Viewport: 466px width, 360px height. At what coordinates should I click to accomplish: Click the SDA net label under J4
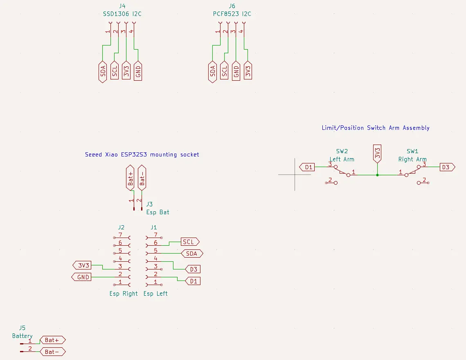(103, 72)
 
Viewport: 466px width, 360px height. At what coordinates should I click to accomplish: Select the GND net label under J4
(138, 72)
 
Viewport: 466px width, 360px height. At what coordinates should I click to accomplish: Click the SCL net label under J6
(224, 72)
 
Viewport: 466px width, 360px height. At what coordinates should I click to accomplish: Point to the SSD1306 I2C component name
(122, 14)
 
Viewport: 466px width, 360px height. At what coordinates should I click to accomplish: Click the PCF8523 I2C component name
(232, 14)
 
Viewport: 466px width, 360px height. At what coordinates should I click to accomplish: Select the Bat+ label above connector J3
(130, 177)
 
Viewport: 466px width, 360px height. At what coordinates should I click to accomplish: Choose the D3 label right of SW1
(446, 167)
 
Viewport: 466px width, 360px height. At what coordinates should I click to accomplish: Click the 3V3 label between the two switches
(377, 154)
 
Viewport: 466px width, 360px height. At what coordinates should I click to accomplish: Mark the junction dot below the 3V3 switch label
(377, 175)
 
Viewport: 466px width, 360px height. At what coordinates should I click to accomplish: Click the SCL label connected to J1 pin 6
(189, 242)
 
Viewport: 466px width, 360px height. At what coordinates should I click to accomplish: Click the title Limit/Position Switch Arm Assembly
(376, 128)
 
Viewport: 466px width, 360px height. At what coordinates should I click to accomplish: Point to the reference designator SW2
(342, 151)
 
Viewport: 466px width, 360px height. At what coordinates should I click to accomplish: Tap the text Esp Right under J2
(124, 294)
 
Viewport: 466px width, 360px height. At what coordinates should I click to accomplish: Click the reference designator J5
(22, 328)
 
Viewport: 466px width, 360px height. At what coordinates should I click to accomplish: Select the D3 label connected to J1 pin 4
(193, 269)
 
